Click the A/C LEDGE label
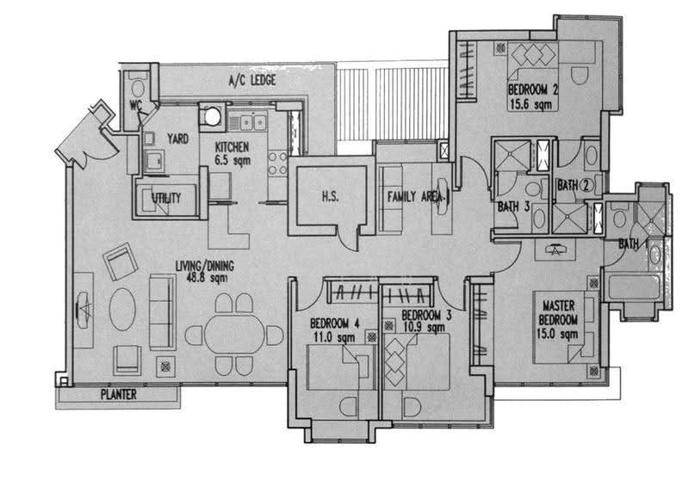tap(252, 80)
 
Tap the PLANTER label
tap(119, 394)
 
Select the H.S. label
tap(330, 196)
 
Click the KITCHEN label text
tap(232, 147)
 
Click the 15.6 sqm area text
tap(531, 104)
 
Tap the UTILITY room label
tap(166, 198)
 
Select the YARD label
tap(178, 139)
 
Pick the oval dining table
tap(233, 334)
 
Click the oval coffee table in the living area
tap(122, 309)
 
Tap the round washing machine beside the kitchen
tap(212, 117)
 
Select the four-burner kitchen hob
tap(277, 163)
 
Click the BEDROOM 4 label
tap(335, 324)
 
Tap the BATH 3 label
tap(513, 207)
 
